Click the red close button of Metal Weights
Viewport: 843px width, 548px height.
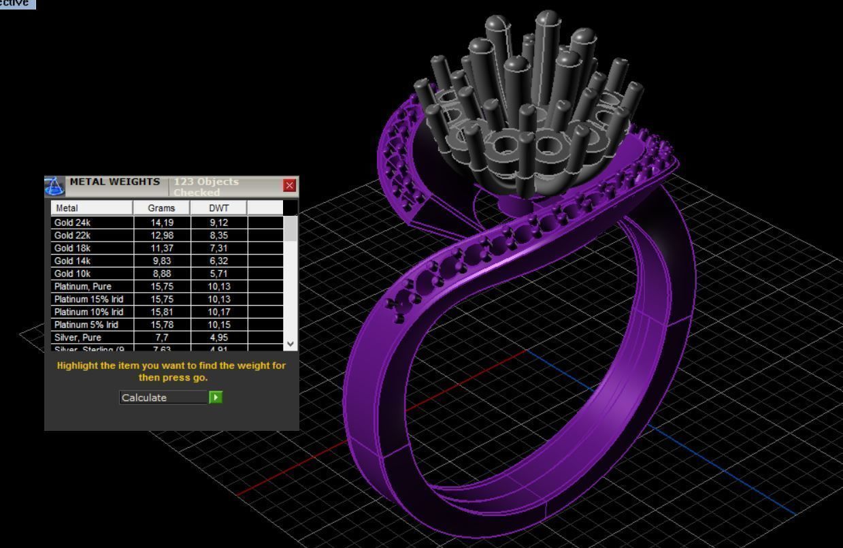point(290,185)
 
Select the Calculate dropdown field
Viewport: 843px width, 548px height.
point(163,398)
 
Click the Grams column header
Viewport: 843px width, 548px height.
point(161,208)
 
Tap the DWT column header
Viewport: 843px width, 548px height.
point(218,208)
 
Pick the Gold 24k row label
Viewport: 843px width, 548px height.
point(72,222)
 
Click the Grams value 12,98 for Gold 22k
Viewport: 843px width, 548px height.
point(161,235)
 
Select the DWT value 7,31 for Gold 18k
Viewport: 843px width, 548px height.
point(218,248)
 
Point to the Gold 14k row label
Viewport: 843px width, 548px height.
point(72,261)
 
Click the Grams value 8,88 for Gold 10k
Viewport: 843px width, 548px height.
point(161,274)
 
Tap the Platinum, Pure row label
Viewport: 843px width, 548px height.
point(82,287)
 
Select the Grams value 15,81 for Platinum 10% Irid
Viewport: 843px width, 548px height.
point(161,312)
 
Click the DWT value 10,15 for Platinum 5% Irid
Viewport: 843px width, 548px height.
point(218,325)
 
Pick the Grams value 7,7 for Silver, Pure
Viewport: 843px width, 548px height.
point(161,338)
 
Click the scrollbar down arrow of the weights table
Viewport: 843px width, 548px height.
point(291,344)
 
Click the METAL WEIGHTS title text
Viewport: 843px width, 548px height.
point(115,182)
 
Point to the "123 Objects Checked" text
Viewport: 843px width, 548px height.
point(206,187)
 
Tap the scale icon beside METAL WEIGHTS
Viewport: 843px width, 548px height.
point(54,186)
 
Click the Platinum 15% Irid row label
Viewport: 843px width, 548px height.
point(88,300)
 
